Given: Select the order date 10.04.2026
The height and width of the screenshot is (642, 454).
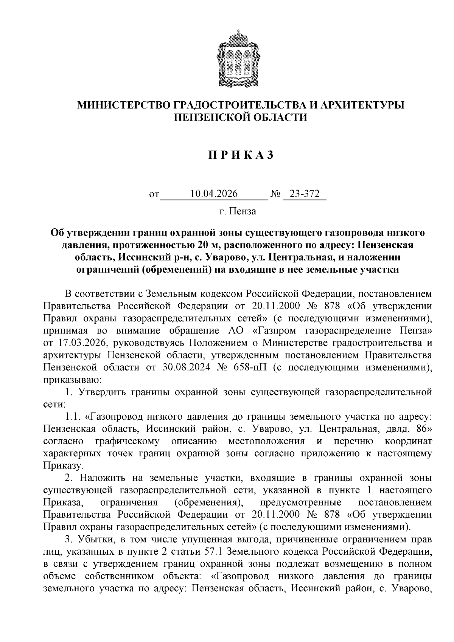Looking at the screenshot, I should click(x=214, y=194).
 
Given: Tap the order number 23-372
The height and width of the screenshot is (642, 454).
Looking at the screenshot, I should click(x=305, y=194).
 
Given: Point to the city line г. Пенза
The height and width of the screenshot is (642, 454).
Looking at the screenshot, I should click(x=238, y=211).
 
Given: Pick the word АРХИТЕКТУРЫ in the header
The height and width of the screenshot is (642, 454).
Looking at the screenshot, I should click(x=362, y=105).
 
